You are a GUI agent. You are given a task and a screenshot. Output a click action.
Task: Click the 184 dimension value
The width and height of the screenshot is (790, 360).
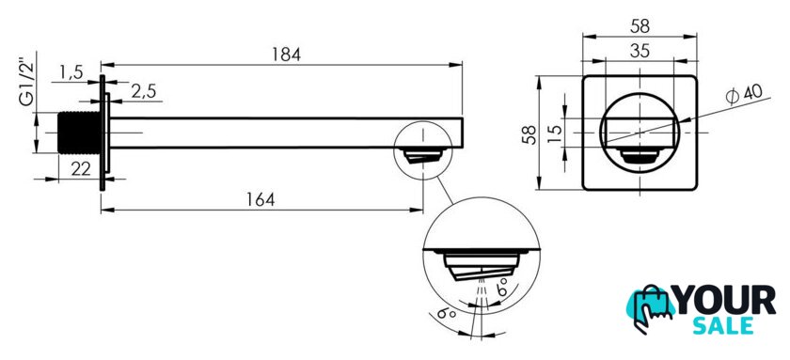tap(287, 55)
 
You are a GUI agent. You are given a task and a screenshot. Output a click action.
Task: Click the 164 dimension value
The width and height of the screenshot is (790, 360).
tap(261, 199)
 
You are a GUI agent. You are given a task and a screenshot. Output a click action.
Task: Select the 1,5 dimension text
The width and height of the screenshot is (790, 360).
tap(71, 72)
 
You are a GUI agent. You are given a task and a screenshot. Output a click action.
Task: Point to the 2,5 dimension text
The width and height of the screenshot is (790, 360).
tap(144, 91)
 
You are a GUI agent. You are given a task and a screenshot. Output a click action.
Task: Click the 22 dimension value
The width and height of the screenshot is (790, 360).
tap(81, 169)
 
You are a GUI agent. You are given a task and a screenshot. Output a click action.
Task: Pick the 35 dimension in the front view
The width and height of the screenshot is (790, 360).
tap(640, 51)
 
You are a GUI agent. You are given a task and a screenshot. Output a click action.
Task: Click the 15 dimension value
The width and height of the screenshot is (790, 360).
tap(554, 133)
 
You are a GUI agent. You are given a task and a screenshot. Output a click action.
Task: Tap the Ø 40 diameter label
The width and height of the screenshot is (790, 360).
tap(744, 94)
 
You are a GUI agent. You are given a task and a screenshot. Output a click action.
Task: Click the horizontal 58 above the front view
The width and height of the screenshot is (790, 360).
tap(640, 26)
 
